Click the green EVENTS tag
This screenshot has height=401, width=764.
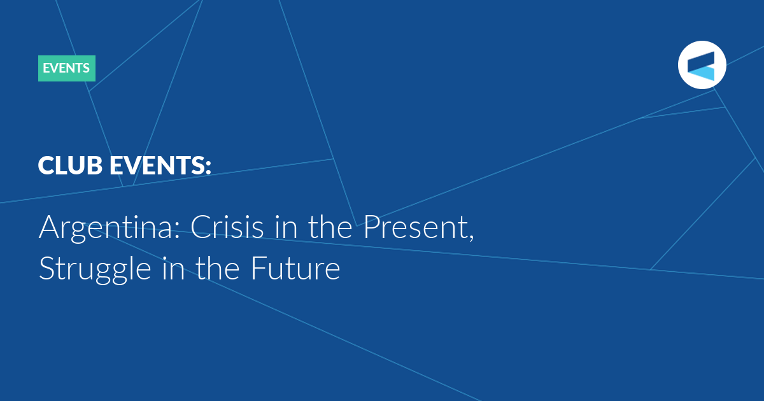(67, 68)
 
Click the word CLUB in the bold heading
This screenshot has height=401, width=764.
(70, 165)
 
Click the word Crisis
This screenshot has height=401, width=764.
(227, 227)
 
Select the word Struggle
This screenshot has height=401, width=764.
(95, 270)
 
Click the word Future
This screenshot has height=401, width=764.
(295, 269)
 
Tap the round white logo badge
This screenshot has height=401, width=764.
(702, 65)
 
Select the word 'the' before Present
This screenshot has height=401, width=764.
(330, 227)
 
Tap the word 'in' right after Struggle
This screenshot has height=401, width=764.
(173, 269)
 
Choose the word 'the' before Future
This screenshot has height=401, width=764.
(218, 269)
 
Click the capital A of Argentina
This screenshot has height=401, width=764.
(49, 227)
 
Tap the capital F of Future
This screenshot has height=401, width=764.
(258, 269)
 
